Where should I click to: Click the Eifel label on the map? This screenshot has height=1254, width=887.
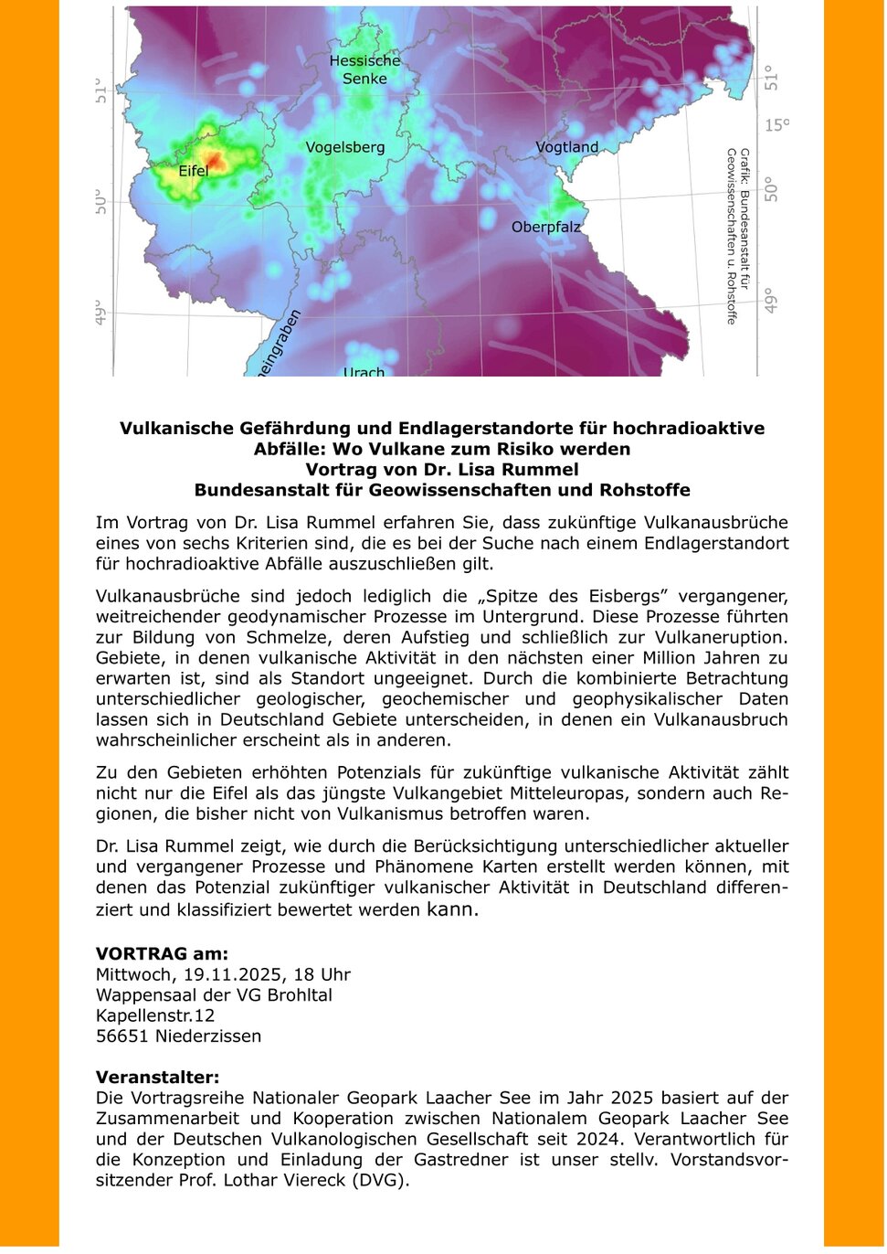click(x=194, y=171)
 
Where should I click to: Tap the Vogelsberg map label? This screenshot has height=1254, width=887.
click(x=345, y=147)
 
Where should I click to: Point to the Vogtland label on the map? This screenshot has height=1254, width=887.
click(x=566, y=146)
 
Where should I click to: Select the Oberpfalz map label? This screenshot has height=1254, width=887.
click(x=545, y=227)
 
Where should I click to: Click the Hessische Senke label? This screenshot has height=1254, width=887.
click(x=364, y=69)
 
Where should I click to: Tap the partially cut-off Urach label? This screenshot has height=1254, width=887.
click(x=364, y=371)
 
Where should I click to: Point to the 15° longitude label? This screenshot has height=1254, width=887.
click(x=776, y=125)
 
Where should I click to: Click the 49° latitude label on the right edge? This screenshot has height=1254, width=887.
click(x=772, y=301)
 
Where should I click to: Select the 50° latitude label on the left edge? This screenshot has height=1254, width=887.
click(x=100, y=202)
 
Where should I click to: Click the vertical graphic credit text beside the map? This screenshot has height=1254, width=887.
click(x=737, y=236)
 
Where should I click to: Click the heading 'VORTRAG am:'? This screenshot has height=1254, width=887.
click(x=162, y=953)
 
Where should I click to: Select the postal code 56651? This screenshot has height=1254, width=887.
click(x=122, y=1036)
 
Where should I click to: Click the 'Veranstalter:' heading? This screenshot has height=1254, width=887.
click(x=158, y=1077)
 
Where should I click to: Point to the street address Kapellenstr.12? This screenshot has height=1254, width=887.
click(x=155, y=1015)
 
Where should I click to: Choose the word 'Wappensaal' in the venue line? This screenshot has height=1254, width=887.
click(x=141, y=994)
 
